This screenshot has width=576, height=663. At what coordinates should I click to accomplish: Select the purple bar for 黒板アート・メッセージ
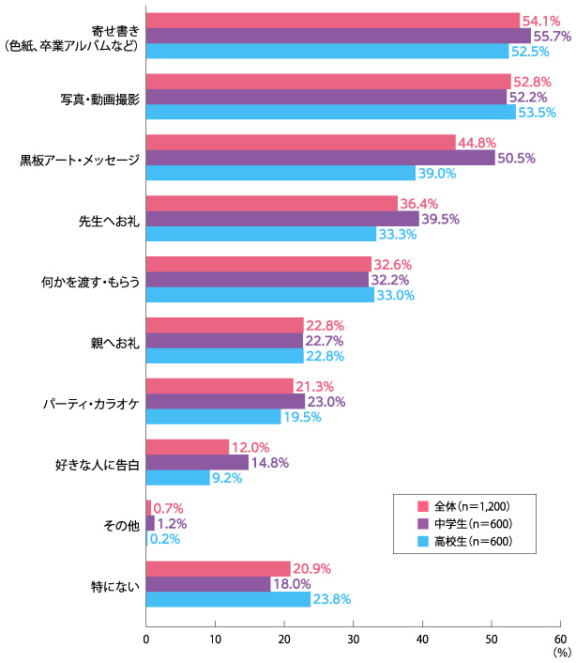click(320, 158)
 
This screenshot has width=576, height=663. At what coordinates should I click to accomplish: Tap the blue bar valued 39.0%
click(280, 173)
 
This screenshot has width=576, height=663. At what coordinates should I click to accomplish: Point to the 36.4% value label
click(419, 203)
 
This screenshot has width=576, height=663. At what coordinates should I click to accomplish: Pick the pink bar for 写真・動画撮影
click(328, 82)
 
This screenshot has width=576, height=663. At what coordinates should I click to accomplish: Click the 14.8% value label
click(272, 462)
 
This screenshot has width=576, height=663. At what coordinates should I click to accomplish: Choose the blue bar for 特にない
click(228, 599)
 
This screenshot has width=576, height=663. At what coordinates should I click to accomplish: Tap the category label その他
click(122, 524)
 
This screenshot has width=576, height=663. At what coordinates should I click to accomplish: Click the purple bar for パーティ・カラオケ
click(225, 402)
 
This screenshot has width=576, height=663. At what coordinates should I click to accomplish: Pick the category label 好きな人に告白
click(99, 463)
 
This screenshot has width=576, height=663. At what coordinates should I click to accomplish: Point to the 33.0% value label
click(396, 295)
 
